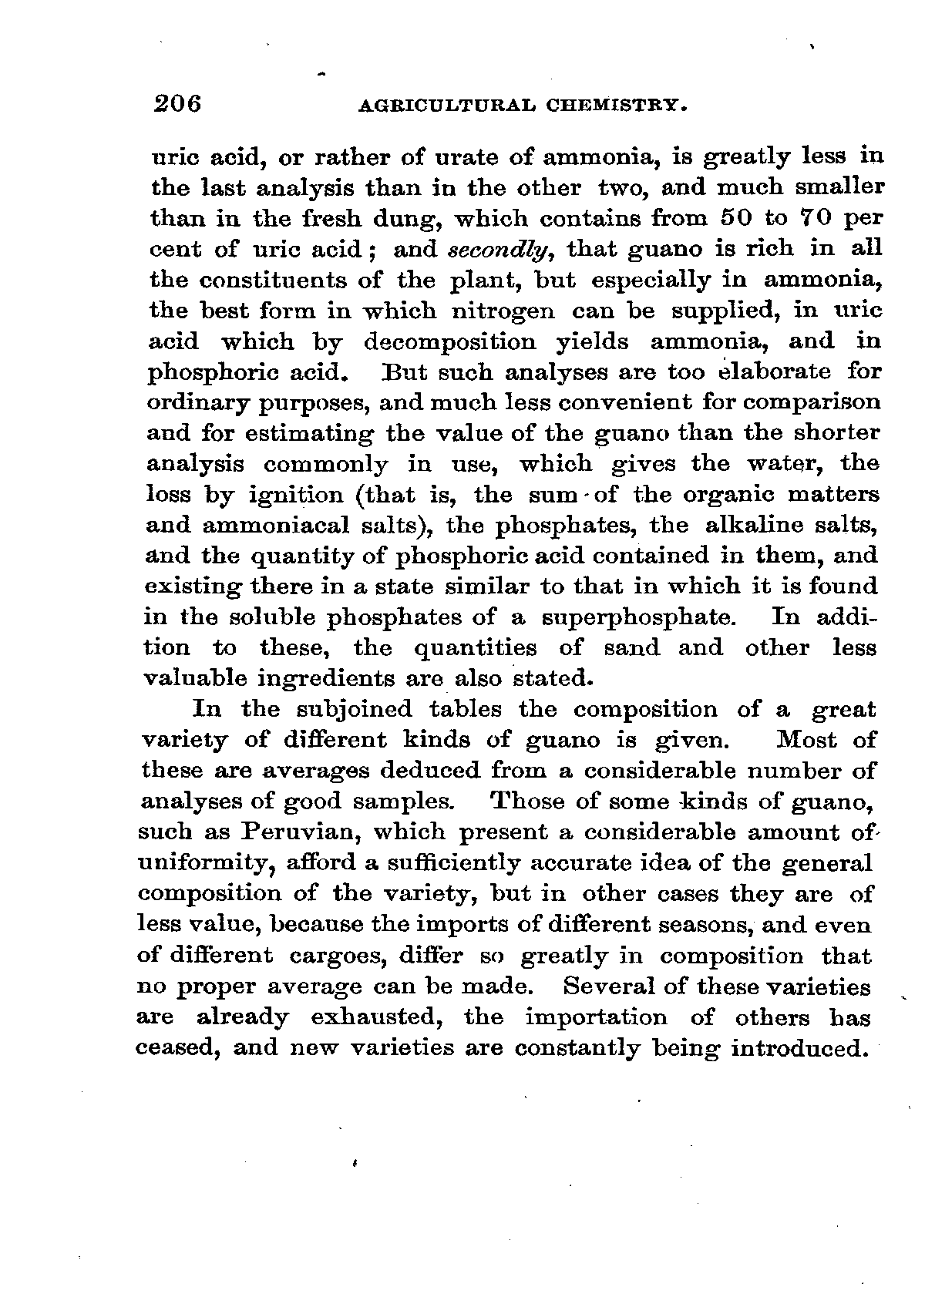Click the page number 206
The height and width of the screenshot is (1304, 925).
point(177,103)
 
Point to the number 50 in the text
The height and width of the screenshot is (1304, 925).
point(735,218)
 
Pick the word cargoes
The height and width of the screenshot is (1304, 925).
point(336,956)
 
